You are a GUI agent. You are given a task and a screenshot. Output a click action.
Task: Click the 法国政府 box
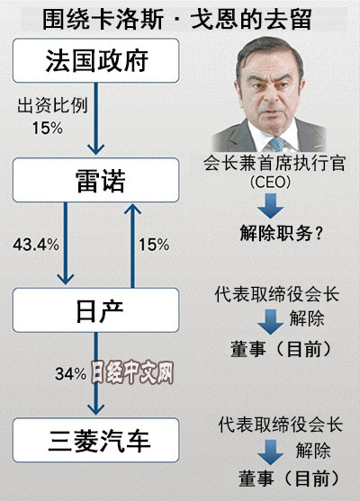(95, 60)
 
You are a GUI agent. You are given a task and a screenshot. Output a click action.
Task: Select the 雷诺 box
(95, 180)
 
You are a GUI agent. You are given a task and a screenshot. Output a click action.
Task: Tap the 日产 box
(95, 310)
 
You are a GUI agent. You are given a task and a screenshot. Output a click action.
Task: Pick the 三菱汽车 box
(95, 440)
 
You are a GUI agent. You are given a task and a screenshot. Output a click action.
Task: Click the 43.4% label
(36, 245)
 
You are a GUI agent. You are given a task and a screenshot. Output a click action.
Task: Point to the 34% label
(71, 373)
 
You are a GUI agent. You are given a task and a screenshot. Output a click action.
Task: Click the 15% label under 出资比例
(48, 128)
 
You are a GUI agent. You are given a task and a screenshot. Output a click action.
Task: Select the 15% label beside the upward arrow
(154, 245)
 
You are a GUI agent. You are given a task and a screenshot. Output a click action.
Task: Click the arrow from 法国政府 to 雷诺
(95, 119)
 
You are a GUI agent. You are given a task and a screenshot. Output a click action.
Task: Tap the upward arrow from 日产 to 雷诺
(132, 246)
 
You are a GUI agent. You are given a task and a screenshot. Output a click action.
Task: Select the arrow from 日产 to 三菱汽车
(96, 373)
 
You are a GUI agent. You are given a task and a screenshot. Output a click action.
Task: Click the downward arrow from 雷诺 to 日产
(66, 244)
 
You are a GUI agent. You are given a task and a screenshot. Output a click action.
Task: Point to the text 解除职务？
(281, 233)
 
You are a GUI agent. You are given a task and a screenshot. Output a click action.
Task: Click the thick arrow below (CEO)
(271, 205)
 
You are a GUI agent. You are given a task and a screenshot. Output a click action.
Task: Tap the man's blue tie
(277, 145)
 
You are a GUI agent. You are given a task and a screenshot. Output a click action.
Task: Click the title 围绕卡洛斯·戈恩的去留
(176, 19)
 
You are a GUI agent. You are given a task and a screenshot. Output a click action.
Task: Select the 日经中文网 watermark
(132, 372)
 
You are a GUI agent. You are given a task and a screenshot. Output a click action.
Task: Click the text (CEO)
(271, 183)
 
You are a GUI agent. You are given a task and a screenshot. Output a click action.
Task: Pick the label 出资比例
(52, 105)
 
